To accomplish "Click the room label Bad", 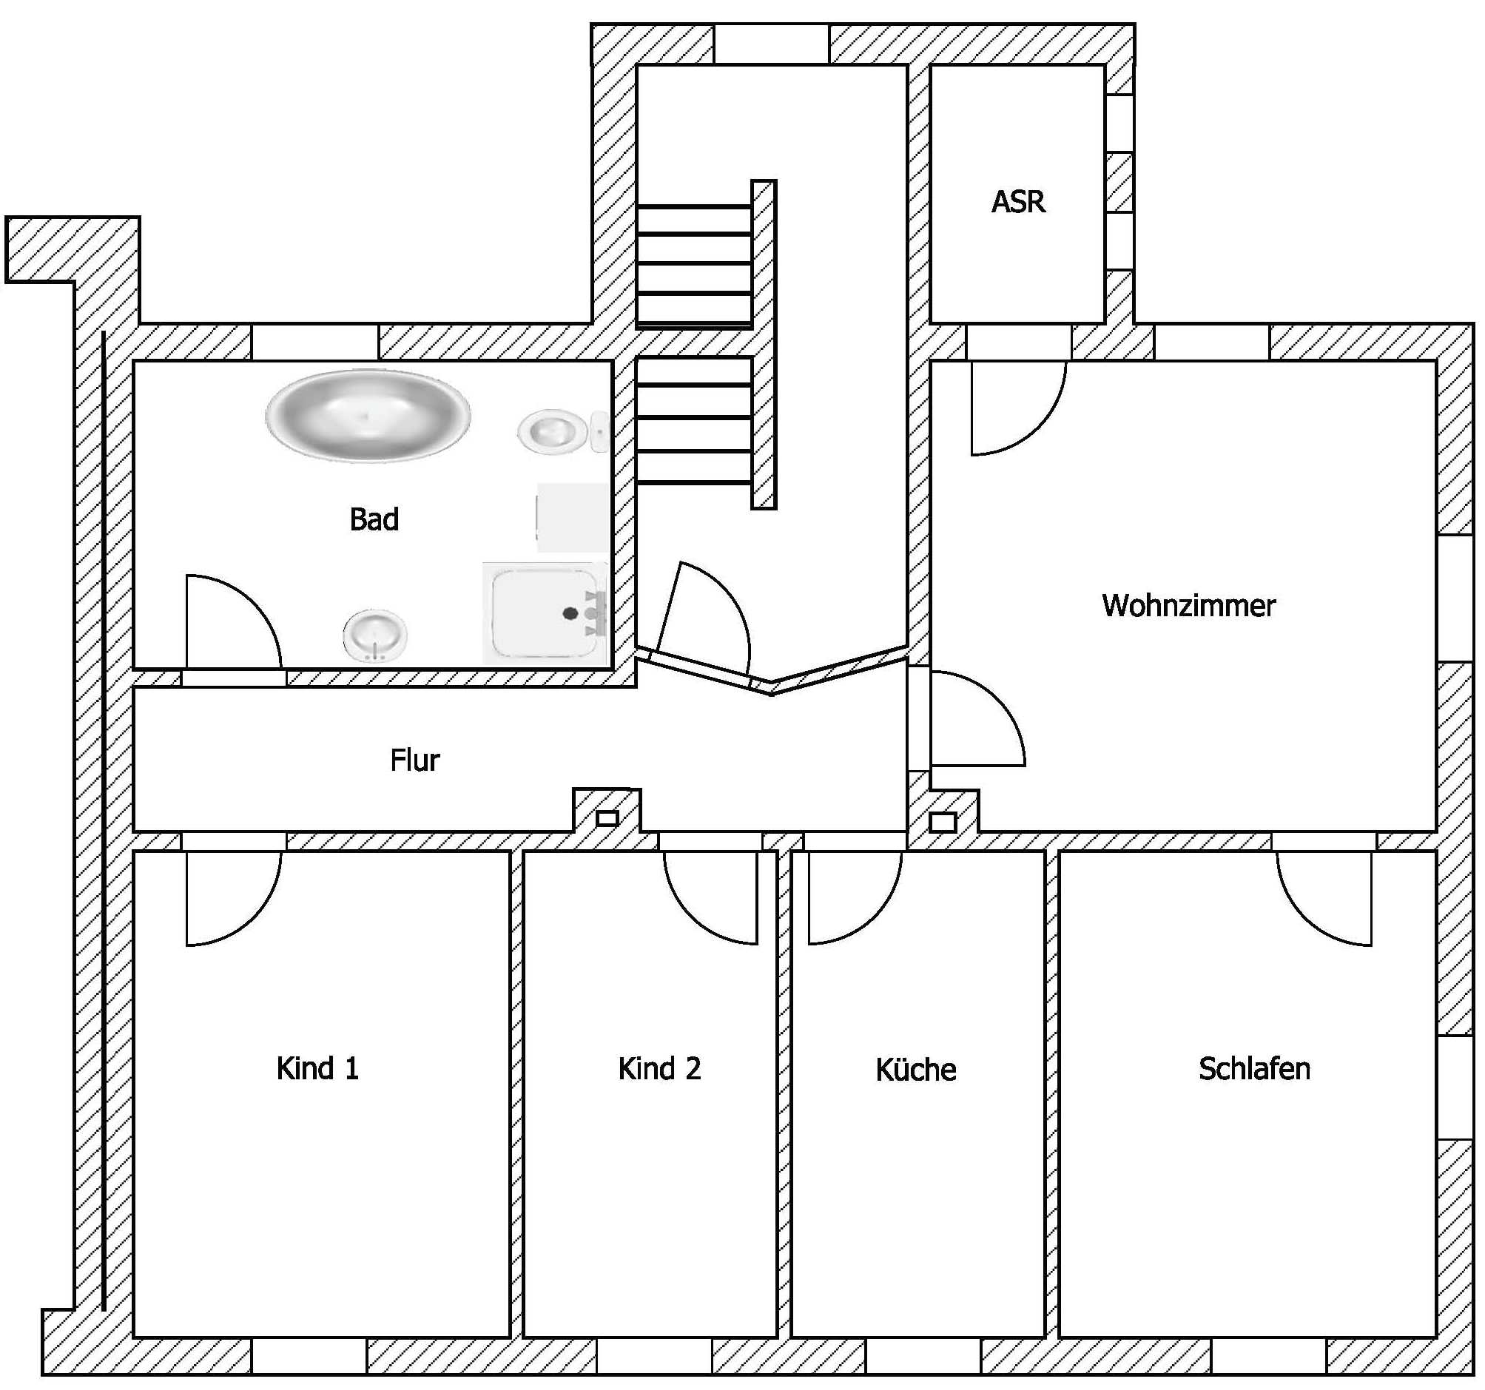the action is coord(374,519).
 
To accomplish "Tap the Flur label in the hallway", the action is coord(414,760).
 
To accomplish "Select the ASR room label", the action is coord(1018,202).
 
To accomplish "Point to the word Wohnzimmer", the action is coord(1188,606).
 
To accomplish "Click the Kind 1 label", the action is coord(317,1069).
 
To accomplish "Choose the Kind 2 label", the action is coord(659,1069).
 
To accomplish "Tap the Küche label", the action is coord(916,1070).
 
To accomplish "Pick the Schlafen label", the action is coord(1254,1069).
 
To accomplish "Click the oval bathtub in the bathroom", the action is coord(368,415).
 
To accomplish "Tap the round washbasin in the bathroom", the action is coord(375,635).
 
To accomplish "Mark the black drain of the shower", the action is coord(570,613).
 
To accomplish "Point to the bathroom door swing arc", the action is coord(254,602).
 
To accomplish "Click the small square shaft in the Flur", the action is coord(607,819).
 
